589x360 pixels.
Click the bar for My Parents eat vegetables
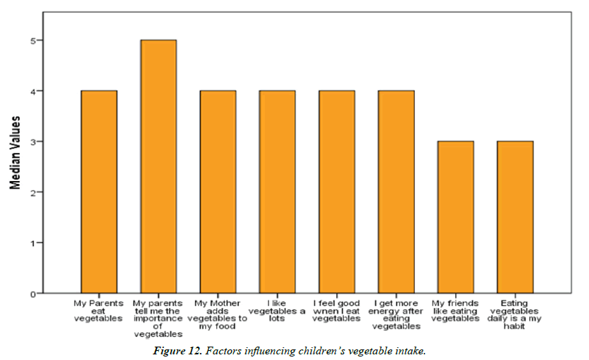click(x=99, y=192)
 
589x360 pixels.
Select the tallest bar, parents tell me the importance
click(x=159, y=166)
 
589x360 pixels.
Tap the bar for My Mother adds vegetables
click(x=218, y=192)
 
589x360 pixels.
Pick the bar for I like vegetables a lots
click(x=278, y=192)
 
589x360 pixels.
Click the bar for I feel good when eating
click(x=337, y=192)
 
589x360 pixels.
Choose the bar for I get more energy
click(x=396, y=192)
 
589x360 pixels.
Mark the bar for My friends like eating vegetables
click(x=455, y=217)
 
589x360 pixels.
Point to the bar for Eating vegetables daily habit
click(x=515, y=217)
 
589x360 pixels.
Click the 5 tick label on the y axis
click(x=32, y=41)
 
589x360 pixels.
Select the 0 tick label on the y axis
click(x=32, y=294)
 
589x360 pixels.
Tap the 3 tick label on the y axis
click(x=32, y=142)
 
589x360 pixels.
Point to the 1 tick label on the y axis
click(x=32, y=243)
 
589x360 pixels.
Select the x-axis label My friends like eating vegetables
click(x=455, y=311)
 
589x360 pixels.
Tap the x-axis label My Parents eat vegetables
click(x=99, y=311)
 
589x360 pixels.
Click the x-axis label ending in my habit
click(x=515, y=314)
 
